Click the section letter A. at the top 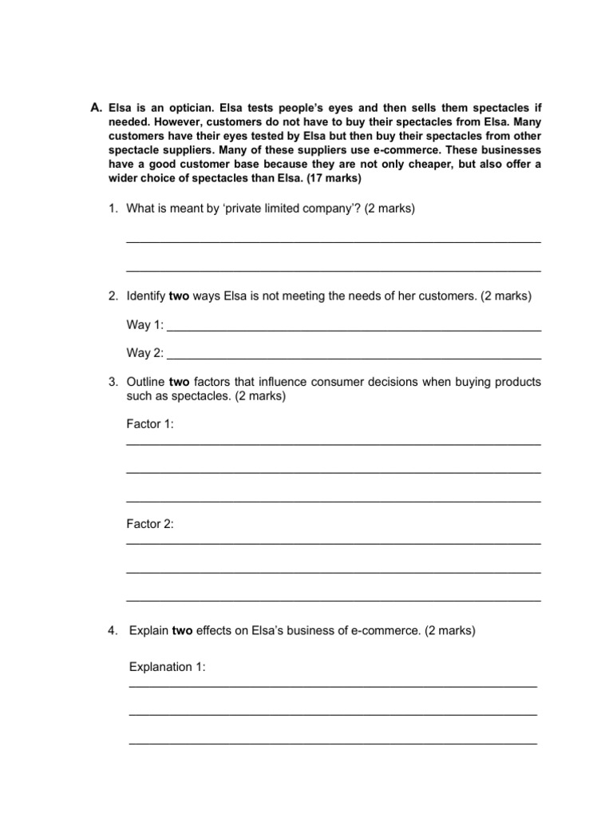(97, 107)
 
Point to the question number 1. (113, 208)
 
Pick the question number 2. (113, 296)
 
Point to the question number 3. (113, 382)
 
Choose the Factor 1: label (150, 424)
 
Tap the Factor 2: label (150, 524)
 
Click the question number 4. (113, 630)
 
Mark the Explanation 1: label (167, 666)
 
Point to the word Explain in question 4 (149, 630)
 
